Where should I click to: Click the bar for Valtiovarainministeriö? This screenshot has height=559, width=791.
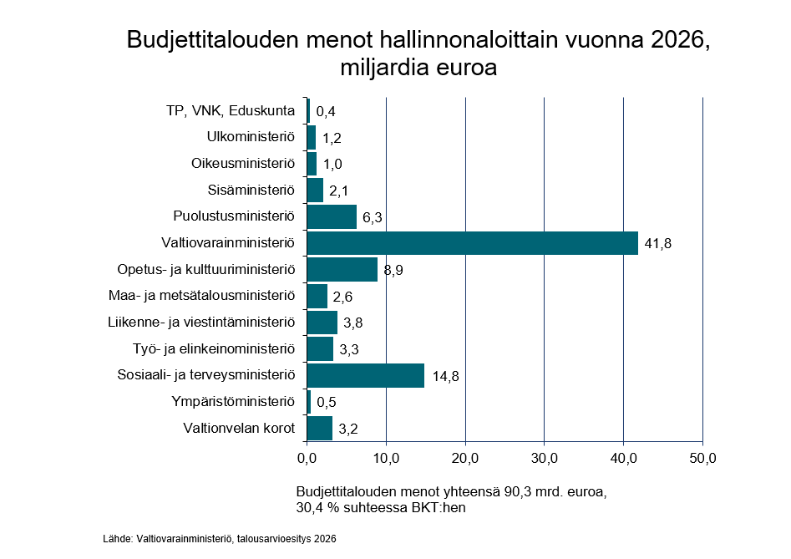(x=472, y=243)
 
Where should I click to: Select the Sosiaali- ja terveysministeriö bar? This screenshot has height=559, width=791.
(x=366, y=375)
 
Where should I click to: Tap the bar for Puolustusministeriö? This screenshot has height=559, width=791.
(x=332, y=216)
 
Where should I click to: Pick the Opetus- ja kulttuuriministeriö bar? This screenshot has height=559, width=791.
(x=342, y=270)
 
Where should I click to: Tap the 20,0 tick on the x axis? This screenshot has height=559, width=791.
(x=465, y=458)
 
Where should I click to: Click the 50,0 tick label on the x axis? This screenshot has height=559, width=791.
(x=702, y=458)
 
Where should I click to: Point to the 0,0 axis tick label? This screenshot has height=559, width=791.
(x=307, y=458)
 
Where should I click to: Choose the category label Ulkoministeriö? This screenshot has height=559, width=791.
(x=251, y=137)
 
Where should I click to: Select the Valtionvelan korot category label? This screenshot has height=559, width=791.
(x=240, y=429)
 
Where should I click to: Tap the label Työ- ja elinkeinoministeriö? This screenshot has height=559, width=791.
(x=215, y=348)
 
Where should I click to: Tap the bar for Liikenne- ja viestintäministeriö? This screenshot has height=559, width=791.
(x=322, y=323)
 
